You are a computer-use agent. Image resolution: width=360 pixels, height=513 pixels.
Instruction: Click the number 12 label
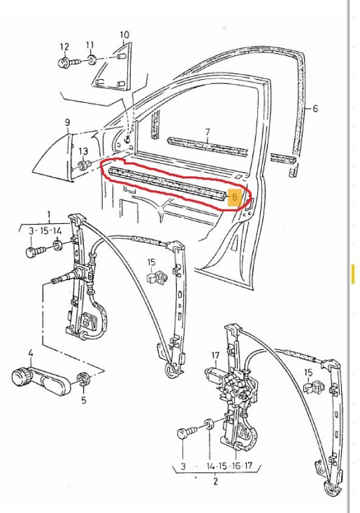[x=64, y=46]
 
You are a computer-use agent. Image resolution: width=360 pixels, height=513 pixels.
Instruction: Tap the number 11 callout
[x=90, y=45]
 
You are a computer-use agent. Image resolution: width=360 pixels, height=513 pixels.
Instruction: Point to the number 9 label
[x=68, y=122]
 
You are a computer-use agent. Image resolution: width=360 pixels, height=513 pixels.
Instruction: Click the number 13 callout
[x=83, y=151]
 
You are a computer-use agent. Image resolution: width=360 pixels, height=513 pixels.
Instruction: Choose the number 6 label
[x=315, y=110]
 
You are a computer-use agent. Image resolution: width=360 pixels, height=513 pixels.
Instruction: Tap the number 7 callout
[x=207, y=131]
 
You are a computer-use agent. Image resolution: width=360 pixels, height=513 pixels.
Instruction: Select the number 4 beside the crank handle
[x=30, y=352]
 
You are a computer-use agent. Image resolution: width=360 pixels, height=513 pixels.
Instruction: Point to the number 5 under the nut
[x=84, y=400]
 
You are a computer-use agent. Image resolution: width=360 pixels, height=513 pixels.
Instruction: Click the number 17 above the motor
[x=215, y=355]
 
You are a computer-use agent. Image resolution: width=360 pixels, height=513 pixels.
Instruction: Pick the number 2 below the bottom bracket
[x=215, y=481]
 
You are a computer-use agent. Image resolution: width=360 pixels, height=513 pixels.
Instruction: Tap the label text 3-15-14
[x=46, y=231]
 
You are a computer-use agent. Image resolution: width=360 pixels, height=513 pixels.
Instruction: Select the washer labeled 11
[x=91, y=60]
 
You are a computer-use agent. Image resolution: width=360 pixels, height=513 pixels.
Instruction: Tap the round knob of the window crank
[x=22, y=375]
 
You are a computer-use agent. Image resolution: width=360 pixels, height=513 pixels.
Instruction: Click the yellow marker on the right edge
[x=353, y=274]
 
